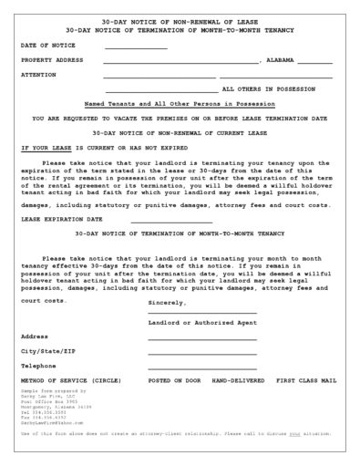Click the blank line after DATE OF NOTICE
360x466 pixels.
pyautogui.click(x=136, y=47)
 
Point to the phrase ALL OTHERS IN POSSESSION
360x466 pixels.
pyautogui.click(x=267, y=90)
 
